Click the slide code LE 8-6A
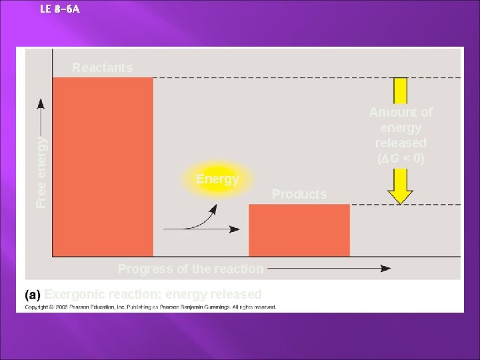click(x=60, y=9)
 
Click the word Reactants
click(x=102, y=67)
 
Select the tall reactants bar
click(x=103, y=167)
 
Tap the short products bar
click(x=299, y=230)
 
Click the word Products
click(x=299, y=194)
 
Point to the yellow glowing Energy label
click(x=217, y=179)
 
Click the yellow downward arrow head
click(x=400, y=196)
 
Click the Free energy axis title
click(x=41, y=171)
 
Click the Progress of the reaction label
click(x=191, y=269)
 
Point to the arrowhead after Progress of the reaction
click(x=385, y=269)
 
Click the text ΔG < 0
click(x=401, y=159)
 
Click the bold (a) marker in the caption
click(x=33, y=294)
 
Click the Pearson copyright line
click(x=151, y=307)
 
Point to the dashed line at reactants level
click(x=267, y=78)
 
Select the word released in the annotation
click(x=401, y=143)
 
